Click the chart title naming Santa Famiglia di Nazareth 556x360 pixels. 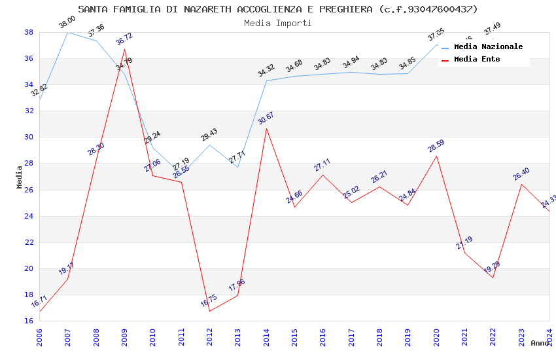click(x=278, y=9)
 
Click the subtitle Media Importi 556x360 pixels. click(x=278, y=23)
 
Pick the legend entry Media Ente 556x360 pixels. click(x=477, y=59)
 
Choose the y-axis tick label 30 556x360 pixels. click(x=29, y=137)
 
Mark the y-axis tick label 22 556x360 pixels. click(x=29, y=242)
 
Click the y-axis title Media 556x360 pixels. click(x=20, y=177)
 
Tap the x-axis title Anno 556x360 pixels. click(x=540, y=343)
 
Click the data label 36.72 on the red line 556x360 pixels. click(x=124, y=39)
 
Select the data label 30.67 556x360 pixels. click(x=266, y=118)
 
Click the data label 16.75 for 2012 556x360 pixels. click(x=209, y=301)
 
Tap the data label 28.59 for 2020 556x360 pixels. click(x=436, y=146)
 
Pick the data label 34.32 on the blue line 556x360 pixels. click(x=266, y=71)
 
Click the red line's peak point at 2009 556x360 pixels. click(x=124, y=49)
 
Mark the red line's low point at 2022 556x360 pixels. click(x=493, y=278)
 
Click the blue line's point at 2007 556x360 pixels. click(x=67, y=32)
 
